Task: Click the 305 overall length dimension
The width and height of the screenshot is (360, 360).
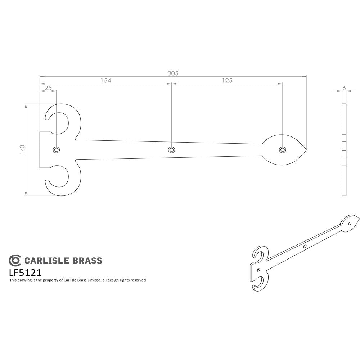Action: pyautogui.click(x=173, y=73)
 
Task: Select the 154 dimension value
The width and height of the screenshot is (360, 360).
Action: pyautogui.click(x=105, y=81)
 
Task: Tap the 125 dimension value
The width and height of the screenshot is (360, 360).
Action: pyautogui.click(x=227, y=81)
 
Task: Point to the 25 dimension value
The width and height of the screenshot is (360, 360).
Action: pyautogui.click(x=48, y=88)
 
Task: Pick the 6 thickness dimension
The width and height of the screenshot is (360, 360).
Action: pyautogui.click(x=344, y=88)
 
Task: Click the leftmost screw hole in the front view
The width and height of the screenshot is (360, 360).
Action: pyautogui.click(x=56, y=149)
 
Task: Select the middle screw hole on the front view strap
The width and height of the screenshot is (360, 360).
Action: pyautogui.click(x=172, y=149)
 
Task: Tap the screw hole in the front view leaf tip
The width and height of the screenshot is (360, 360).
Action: pyautogui.click(x=283, y=149)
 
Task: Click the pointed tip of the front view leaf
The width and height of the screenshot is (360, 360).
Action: pyautogui.click(x=306, y=149)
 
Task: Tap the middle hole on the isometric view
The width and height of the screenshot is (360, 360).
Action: pyautogui.click(x=305, y=246)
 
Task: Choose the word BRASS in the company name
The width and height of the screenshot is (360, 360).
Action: pyautogui.click(x=87, y=261)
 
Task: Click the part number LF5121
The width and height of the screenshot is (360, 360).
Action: pyautogui.click(x=25, y=272)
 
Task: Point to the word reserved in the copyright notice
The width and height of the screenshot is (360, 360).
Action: pyautogui.click(x=137, y=280)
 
